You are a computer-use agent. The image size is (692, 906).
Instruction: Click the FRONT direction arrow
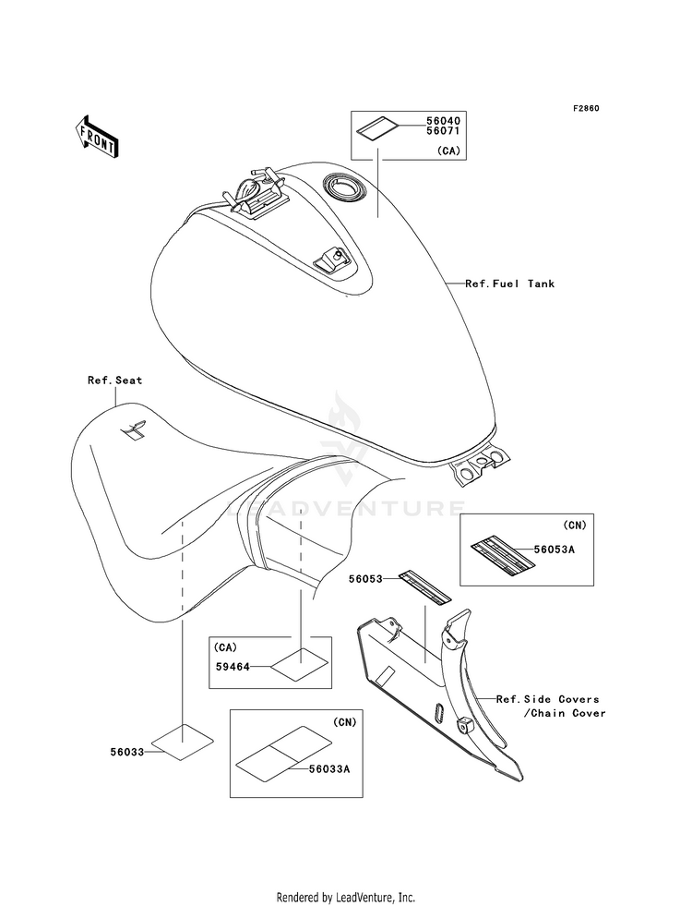(97, 137)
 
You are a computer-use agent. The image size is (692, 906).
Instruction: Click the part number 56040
(443, 121)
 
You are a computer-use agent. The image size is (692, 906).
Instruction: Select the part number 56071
(443, 131)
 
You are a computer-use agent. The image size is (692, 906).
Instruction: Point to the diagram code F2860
(586, 108)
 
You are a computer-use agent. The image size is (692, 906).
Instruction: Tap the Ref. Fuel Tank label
(509, 284)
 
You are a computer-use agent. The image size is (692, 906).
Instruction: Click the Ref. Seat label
(114, 381)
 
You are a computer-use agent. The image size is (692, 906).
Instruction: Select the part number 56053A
(555, 550)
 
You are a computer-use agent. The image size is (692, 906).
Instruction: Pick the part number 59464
(233, 667)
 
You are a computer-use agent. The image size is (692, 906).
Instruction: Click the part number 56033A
(329, 768)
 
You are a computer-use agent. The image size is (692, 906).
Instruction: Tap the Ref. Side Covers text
(548, 699)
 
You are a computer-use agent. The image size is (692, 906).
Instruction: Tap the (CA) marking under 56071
(448, 151)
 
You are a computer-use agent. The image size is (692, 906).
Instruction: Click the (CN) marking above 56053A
(574, 525)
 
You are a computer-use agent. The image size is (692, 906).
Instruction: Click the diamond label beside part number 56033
(183, 741)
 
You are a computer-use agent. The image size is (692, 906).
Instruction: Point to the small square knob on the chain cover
(463, 724)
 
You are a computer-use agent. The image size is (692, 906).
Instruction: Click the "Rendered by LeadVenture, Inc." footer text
(346, 898)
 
